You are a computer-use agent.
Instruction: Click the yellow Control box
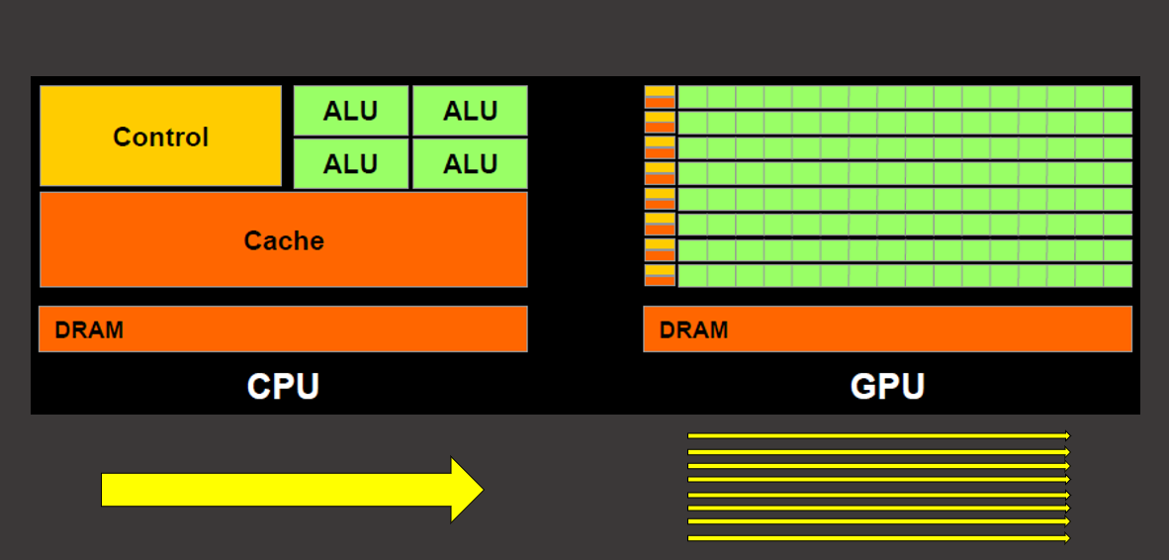[160, 137]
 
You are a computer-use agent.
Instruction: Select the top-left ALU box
[350, 111]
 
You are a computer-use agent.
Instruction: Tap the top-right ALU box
[470, 111]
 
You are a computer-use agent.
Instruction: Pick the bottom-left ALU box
[350, 163]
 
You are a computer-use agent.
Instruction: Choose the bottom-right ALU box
[470, 163]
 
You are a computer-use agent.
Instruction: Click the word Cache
[284, 240]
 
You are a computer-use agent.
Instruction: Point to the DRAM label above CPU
[90, 329]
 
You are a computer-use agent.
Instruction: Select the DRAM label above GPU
[694, 329]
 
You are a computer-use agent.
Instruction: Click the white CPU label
[283, 386]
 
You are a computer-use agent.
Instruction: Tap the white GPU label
[887, 386]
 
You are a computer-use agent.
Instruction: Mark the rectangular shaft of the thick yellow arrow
[277, 490]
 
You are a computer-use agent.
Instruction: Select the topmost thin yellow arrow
[878, 435]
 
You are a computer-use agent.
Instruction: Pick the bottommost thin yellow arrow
[878, 538]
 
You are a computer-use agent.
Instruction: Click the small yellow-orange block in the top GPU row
[660, 97]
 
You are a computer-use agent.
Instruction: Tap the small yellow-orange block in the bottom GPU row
[660, 275]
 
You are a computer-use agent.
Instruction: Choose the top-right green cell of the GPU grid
[1118, 97]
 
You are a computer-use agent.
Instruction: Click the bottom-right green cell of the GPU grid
[1118, 275]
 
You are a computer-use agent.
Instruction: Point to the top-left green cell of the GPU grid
[692, 97]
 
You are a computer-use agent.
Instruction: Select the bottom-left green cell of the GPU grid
[692, 275]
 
